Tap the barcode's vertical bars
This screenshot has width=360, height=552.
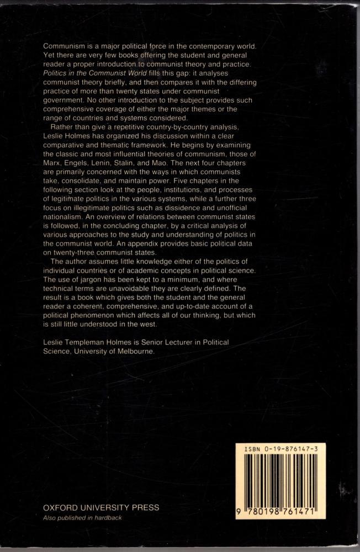click(280, 481)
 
